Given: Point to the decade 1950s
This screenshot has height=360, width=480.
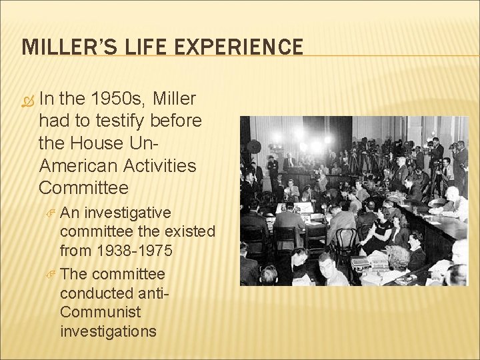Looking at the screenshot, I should pyautogui.click(x=119, y=99).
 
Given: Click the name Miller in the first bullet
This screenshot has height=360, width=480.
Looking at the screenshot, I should pyautogui.click(x=175, y=99).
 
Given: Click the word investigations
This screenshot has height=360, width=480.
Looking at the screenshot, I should pyautogui.click(x=108, y=331).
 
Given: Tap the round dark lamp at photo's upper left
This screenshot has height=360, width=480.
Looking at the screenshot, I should pyautogui.click(x=254, y=147).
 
